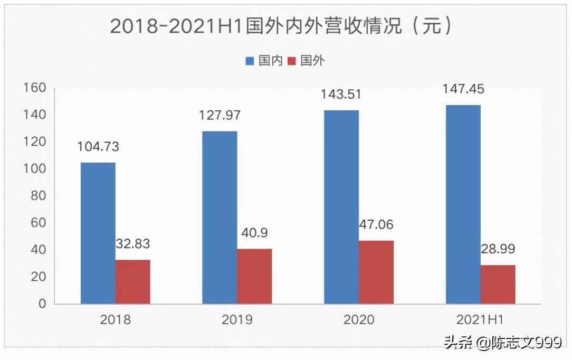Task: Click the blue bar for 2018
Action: point(98,233)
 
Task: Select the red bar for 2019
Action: point(254,276)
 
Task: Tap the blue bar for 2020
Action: point(341,207)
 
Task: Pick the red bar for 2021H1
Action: point(498,284)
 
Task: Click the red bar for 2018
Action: point(132,281)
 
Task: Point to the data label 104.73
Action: point(98,147)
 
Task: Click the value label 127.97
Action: point(220,115)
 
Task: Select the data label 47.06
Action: point(376,225)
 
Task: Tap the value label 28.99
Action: point(498,249)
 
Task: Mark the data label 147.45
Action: point(463,89)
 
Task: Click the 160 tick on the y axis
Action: point(35,88)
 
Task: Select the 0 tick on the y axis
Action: point(42,304)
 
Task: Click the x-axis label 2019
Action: point(237,319)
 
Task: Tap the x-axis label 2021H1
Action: point(480,319)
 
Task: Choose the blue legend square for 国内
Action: point(250,61)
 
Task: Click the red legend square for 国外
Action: point(291,61)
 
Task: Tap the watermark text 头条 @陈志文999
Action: point(502,343)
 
